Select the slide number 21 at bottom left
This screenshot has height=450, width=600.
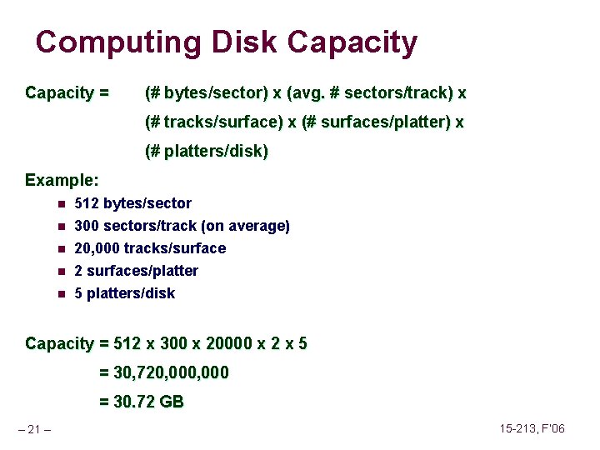(x=34, y=429)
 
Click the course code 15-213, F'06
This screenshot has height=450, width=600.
(x=532, y=428)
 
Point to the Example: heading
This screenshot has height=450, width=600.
(x=62, y=180)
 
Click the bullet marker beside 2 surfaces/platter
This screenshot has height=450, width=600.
(x=61, y=271)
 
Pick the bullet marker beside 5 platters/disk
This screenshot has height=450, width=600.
(x=61, y=293)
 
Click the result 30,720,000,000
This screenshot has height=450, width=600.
(x=171, y=373)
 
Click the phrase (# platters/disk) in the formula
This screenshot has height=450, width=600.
(x=206, y=152)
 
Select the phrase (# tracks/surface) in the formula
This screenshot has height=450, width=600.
(x=213, y=122)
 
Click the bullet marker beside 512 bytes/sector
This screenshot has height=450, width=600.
(x=61, y=203)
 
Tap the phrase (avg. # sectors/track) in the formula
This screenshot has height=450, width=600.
(x=370, y=92)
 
